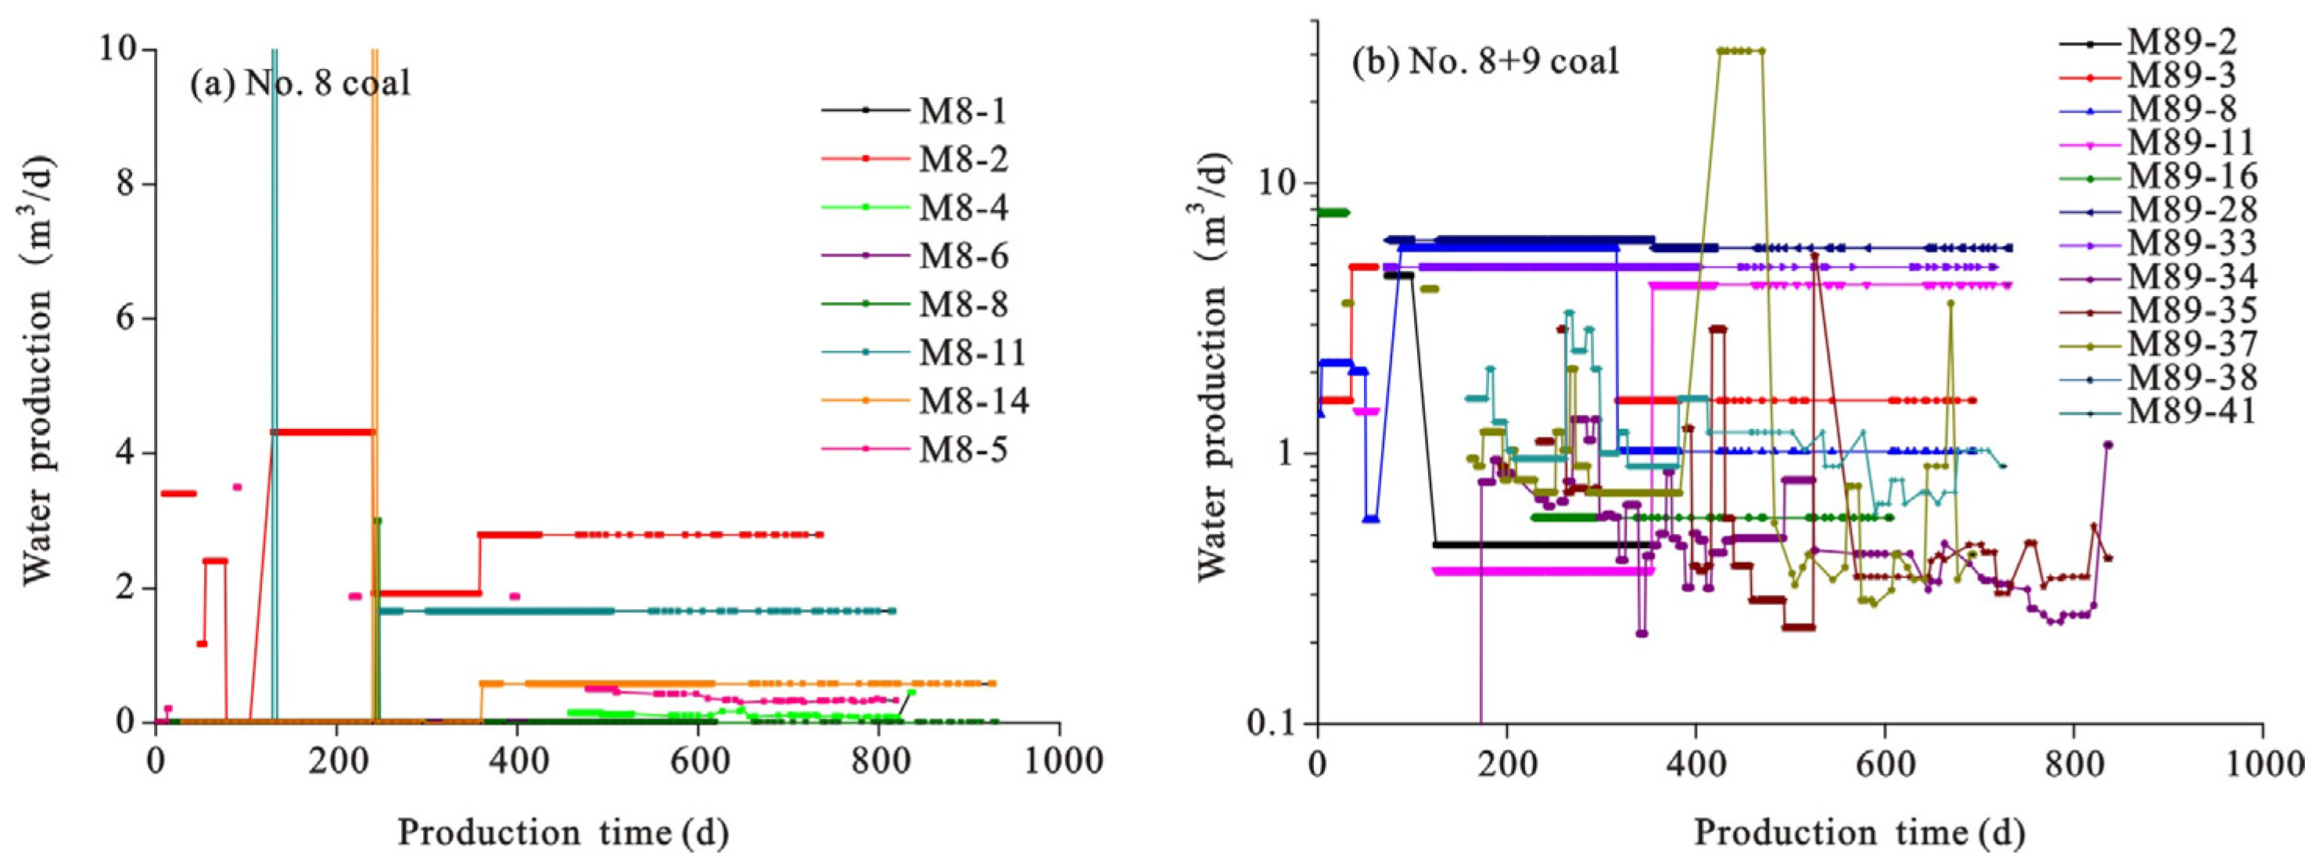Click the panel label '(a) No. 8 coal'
(300, 84)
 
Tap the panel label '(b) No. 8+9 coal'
(1485, 62)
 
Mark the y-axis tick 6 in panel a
(126, 319)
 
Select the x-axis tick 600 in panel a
(698, 762)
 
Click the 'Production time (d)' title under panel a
(562, 831)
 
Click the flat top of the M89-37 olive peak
(1740, 51)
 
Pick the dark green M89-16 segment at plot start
(1333, 212)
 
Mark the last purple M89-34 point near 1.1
(2109, 444)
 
